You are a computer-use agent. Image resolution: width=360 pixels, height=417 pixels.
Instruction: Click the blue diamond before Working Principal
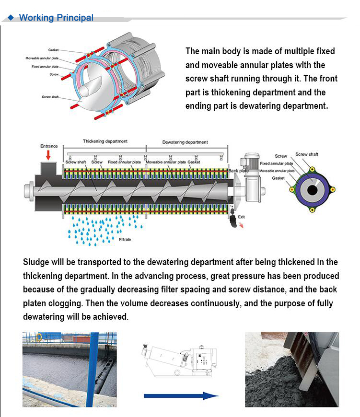(x=11, y=18)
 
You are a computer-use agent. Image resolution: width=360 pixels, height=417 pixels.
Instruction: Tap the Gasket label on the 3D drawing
(x=53, y=50)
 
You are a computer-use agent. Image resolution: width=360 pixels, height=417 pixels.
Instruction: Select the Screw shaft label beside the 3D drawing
(x=50, y=97)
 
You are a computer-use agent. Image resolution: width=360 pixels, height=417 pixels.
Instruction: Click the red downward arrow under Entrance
(x=48, y=155)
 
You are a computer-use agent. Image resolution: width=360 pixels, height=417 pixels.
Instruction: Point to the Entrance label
(x=49, y=146)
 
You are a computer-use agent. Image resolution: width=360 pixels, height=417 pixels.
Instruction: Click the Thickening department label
(x=105, y=141)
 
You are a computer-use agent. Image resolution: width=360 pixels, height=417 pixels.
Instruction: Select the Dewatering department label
(x=185, y=142)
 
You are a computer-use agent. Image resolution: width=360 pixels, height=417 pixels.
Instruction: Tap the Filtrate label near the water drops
(x=125, y=239)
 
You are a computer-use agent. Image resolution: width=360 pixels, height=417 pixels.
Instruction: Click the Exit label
(x=242, y=217)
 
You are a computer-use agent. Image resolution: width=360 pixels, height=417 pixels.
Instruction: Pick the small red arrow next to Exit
(x=241, y=226)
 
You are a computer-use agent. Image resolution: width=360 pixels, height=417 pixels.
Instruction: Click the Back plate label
(x=239, y=171)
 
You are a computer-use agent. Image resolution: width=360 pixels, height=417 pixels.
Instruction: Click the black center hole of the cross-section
(x=313, y=190)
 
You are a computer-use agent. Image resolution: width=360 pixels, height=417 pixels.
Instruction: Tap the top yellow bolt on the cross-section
(x=313, y=169)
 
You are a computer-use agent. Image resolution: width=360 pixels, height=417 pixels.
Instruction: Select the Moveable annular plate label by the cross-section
(x=277, y=171)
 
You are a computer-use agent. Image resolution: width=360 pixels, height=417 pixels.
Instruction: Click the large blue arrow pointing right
(x=181, y=396)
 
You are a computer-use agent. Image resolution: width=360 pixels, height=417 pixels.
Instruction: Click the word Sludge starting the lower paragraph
(x=36, y=262)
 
